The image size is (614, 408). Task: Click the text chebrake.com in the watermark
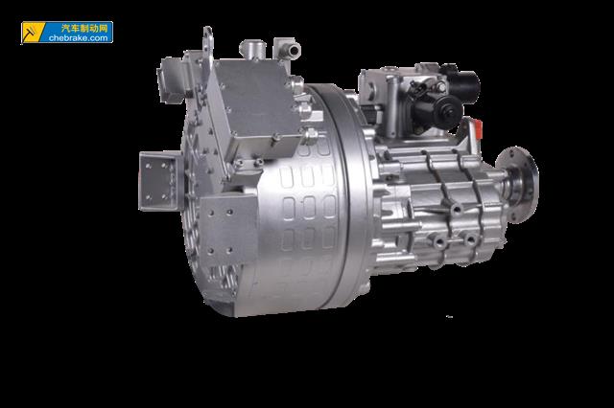79,38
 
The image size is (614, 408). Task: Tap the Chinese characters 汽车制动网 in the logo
84,28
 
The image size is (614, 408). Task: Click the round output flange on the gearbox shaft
518,184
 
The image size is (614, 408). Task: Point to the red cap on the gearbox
478,129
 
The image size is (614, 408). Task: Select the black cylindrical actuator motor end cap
448,107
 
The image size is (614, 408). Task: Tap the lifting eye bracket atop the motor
207,44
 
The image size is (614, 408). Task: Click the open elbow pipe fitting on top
287,49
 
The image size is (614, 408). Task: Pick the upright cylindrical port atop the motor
252,49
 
